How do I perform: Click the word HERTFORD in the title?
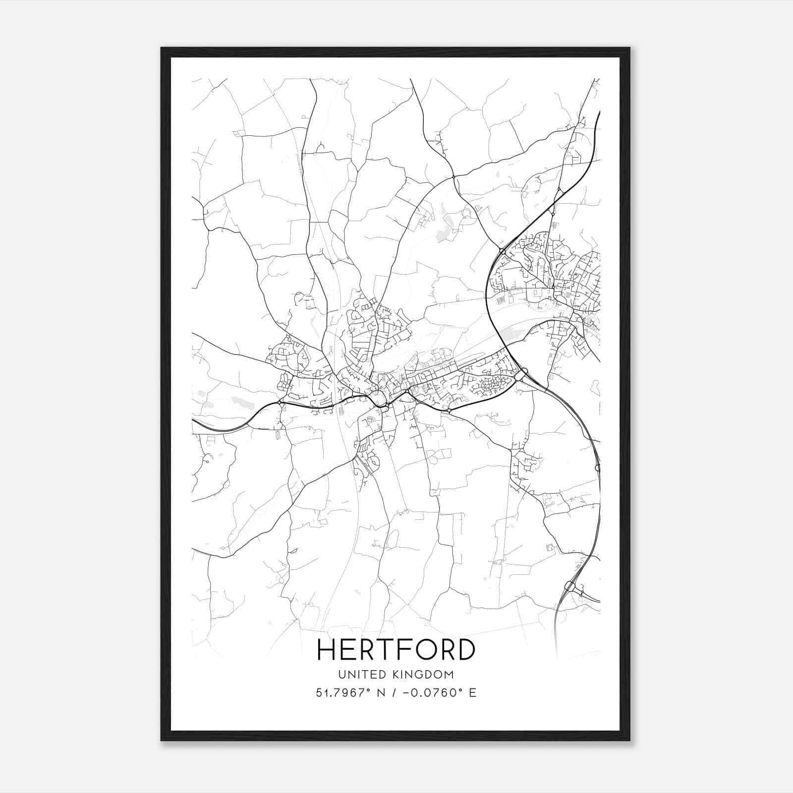point(396,650)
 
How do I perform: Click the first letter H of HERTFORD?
point(327,650)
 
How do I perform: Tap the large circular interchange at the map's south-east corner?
point(569,587)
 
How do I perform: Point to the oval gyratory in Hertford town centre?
point(379,398)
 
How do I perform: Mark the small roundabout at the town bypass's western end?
point(281,404)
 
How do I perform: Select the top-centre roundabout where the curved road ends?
point(453,176)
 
